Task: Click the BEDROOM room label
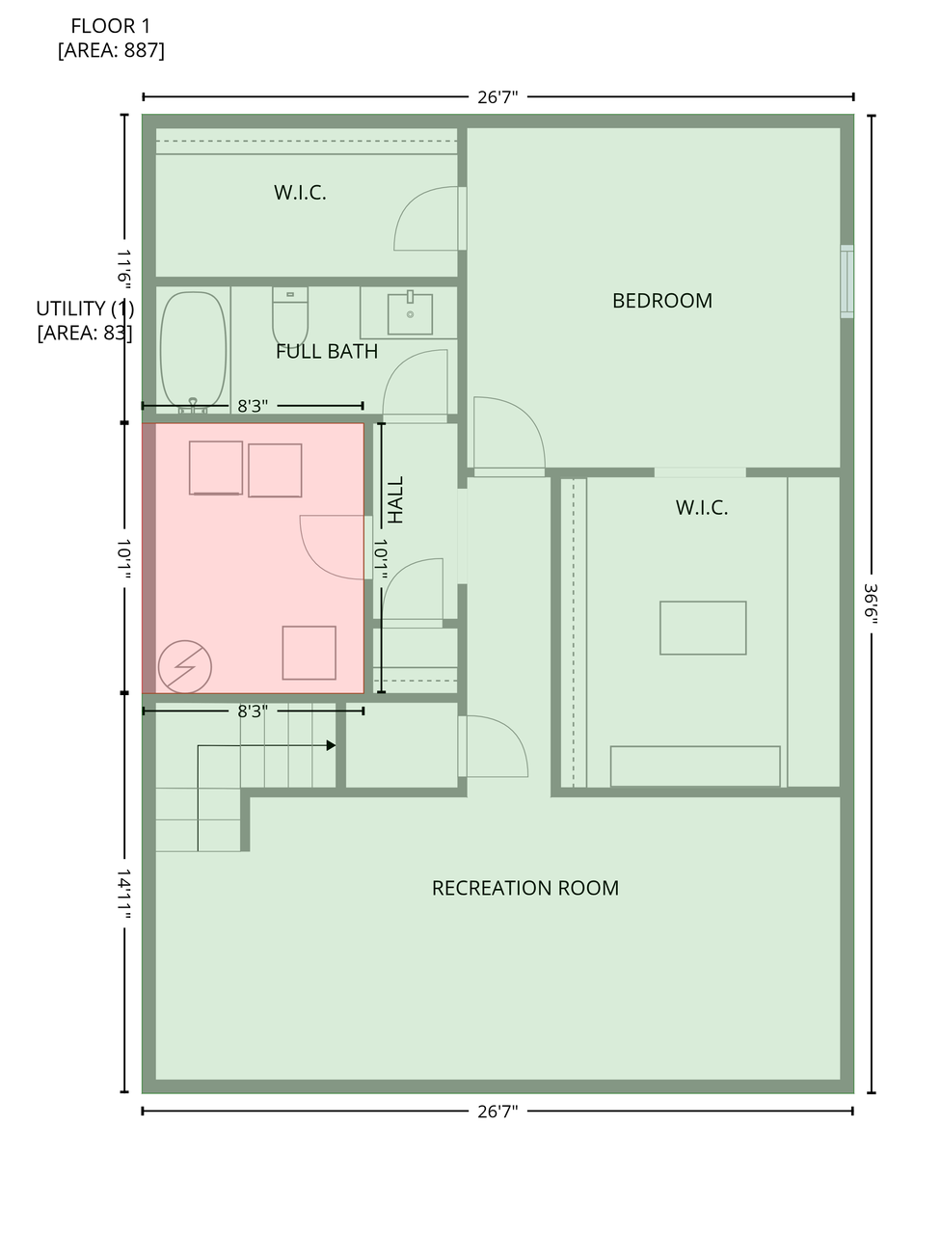tap(661, 301)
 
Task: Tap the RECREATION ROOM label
tap(525, 888)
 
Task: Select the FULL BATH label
tap(327, 351)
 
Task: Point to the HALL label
tap(395, 499)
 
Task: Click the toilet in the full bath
tap(290, 316)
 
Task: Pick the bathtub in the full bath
tap(194, 351)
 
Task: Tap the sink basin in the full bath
tap(410, 313)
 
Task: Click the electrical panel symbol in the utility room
tap(185, 667)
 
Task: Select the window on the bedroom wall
tap(847, 282)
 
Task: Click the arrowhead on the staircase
tap(331, 745)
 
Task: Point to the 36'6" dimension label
tap(871, 604)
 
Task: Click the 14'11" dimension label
tap(123, 895)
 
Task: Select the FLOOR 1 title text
tap(111, 26)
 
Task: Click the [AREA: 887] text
tap(111, 50)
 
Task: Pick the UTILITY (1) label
tap(85, 308)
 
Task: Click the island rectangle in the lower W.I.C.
tap(703, 628)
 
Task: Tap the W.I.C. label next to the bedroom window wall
tap(702, 508)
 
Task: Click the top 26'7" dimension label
tap(497, 97)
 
